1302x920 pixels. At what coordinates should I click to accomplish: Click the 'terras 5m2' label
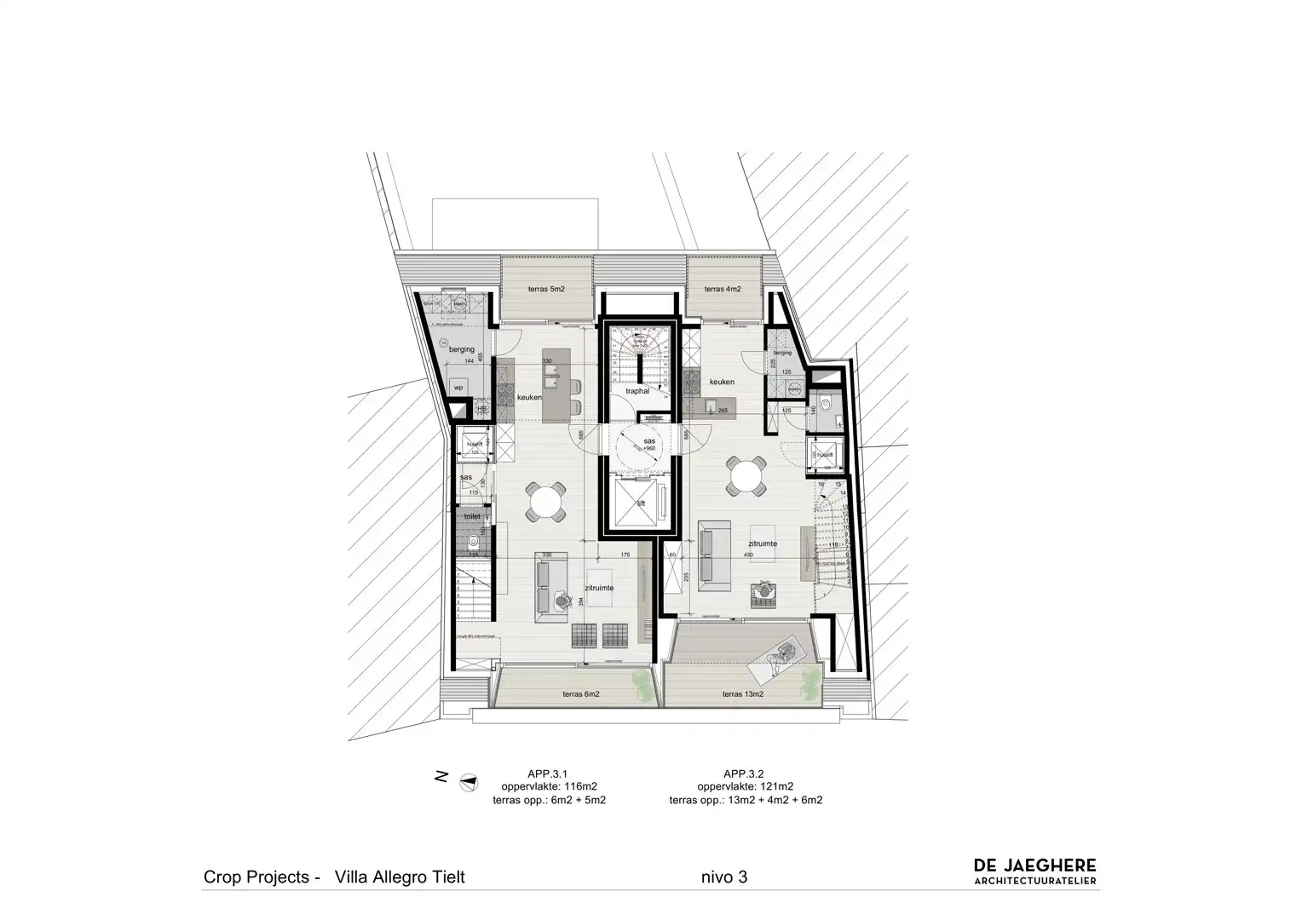click(546, 290)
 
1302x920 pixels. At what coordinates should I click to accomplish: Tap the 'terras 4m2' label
click(723, 290)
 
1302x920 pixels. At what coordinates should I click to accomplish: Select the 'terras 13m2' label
click(743, 694)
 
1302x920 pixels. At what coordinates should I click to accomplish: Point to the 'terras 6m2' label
click(581, 694)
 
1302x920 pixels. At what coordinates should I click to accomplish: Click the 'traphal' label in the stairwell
click(637, 391)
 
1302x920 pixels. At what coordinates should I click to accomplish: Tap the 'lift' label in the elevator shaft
click(642, 503)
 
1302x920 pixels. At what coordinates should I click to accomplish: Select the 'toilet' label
click(471, 516)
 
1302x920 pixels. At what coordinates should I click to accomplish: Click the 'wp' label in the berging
click(458, 388)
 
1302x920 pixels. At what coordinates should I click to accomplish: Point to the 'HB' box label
click(481, 409)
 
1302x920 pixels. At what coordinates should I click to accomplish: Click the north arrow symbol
click(467, 779)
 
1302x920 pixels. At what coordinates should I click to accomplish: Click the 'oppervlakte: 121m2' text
click(745, 786)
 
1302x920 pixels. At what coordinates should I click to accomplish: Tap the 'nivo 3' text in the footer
click(724, 877)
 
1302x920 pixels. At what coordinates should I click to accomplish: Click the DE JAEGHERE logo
click(1035, 871)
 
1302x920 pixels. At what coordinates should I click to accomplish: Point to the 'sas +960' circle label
click(649, 444)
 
